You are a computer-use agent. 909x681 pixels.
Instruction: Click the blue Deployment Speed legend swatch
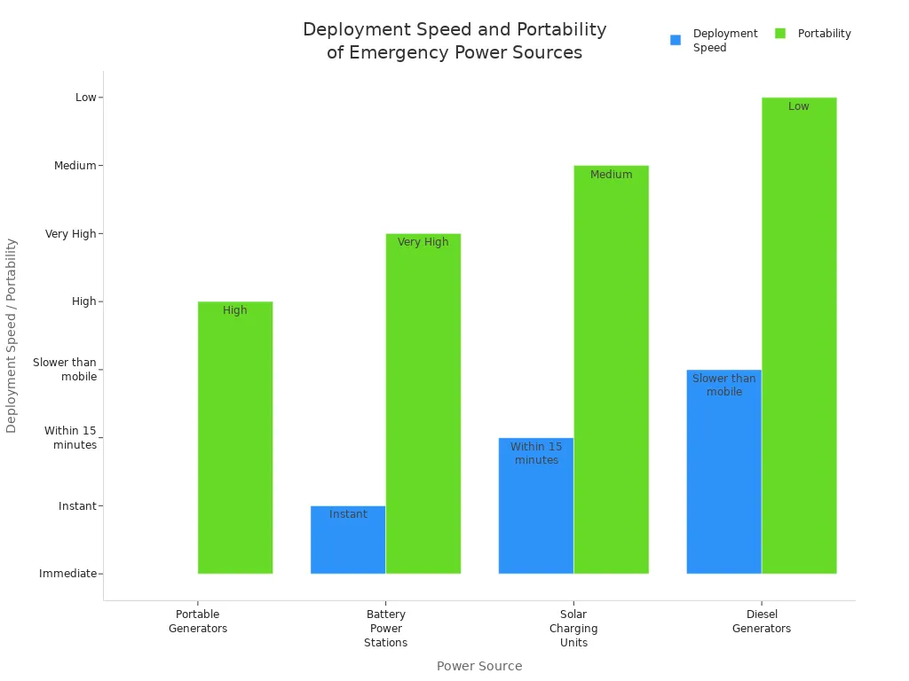[676, 40]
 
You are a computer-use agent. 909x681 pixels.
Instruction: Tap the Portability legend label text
[824, 34]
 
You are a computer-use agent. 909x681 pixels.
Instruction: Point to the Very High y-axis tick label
[71, 234]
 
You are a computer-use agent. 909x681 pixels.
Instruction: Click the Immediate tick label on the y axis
[67, 574]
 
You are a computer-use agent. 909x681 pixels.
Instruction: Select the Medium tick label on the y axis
[75, 166]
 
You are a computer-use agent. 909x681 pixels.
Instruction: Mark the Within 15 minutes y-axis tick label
[71, 438]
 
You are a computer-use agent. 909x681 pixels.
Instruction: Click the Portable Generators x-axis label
[198, 622]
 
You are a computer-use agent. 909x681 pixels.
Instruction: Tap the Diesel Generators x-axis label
[762, 622]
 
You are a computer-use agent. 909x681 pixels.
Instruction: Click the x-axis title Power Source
[479, 666]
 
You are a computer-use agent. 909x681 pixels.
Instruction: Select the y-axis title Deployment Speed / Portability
[12, 335]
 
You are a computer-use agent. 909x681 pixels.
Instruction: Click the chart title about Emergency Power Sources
[454, 41]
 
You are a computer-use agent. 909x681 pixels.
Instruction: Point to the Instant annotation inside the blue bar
[348, 514]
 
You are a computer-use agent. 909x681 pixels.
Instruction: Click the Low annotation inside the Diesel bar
[799, 106]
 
